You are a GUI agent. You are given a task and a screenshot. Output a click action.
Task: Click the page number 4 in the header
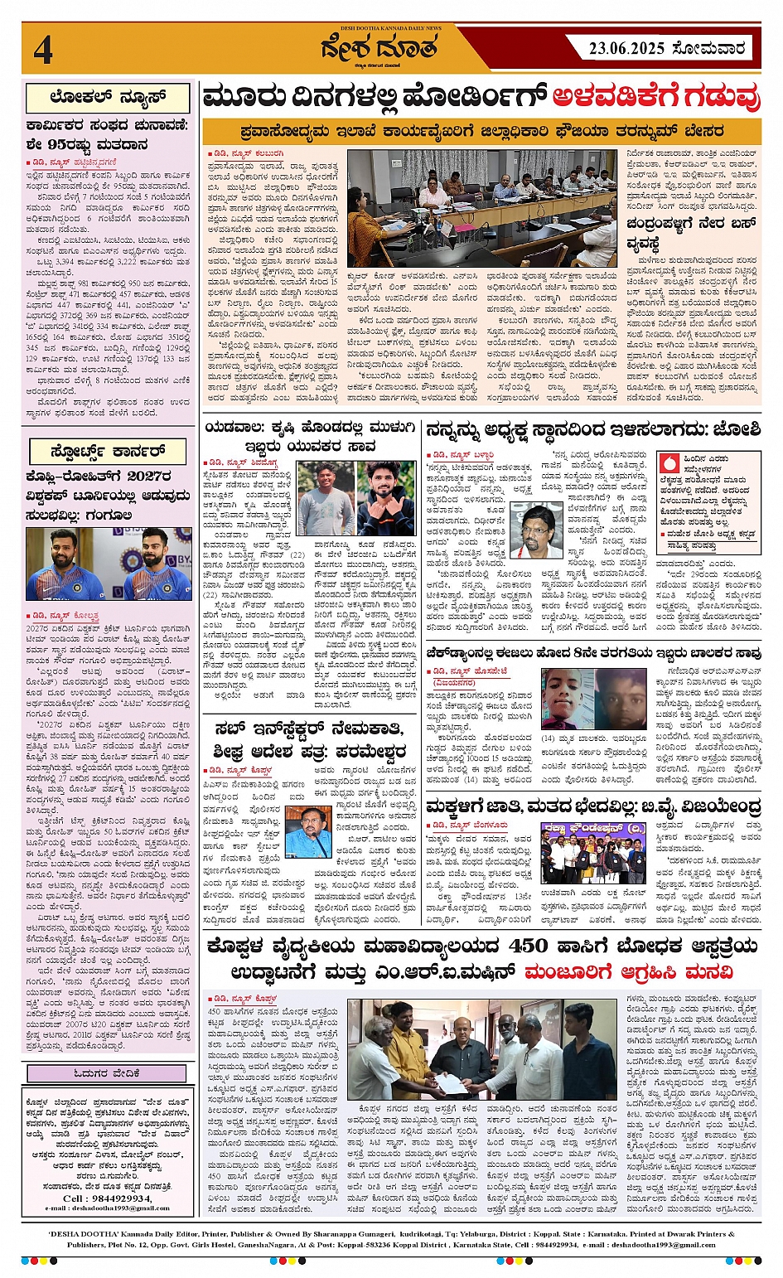[43, 50]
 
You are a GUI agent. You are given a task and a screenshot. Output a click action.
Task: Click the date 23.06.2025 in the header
[626, 49]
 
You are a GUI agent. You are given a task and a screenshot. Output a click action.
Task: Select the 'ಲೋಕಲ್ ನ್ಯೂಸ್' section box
[108, 98]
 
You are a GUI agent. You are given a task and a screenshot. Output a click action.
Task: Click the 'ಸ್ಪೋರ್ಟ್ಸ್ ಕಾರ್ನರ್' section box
[108, 452]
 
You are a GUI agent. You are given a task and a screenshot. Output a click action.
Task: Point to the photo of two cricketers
[109, 564]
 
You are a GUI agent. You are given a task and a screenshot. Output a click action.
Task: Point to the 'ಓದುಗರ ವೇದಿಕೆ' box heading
[108, 1074]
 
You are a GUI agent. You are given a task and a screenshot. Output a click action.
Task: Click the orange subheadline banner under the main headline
[481, 131]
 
